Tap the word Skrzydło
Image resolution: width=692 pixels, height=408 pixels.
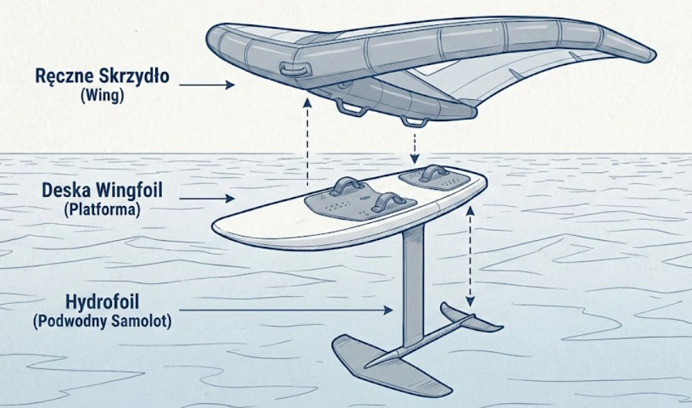(134, 76)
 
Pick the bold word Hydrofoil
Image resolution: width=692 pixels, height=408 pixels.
(101, 301)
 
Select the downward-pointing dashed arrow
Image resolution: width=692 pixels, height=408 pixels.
(415, 146)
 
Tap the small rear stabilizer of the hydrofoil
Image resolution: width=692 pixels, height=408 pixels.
(471, 317)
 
